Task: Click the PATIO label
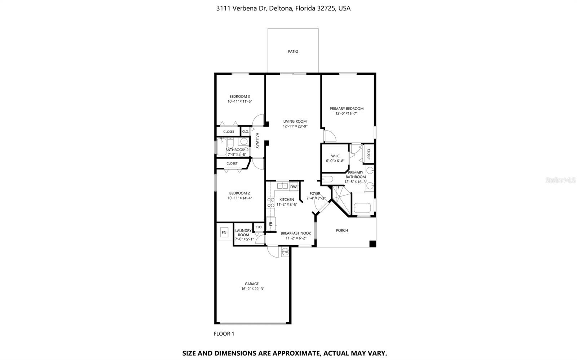293,52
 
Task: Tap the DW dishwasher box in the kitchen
294,187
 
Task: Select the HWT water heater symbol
285,251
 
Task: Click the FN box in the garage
224,232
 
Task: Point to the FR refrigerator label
271,224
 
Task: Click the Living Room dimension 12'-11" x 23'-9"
295,126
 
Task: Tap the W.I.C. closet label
335,156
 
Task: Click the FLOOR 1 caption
224,334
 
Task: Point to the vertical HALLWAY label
257,141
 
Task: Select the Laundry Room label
243,233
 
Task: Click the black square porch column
373,244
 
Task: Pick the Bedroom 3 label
239,96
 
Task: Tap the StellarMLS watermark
561,180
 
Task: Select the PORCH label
342,230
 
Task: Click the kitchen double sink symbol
282,186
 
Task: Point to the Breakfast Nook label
296,233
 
